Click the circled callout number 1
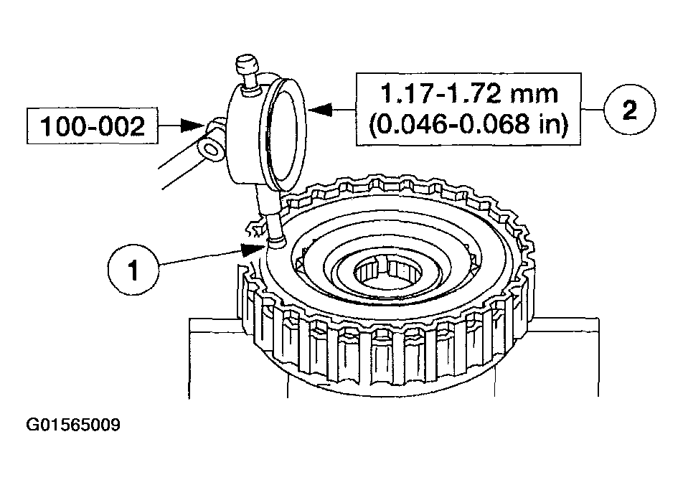[x=133, y=270]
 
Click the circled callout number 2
[x=630, y=109]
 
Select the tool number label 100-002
[x=93, y=126]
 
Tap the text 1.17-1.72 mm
[x=469, y=93]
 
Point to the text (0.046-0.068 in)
[x=468, y=125]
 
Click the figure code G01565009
[x=73, y=425]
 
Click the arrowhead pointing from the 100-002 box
[x=192, y=126]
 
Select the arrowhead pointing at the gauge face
[x=320, y=109]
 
